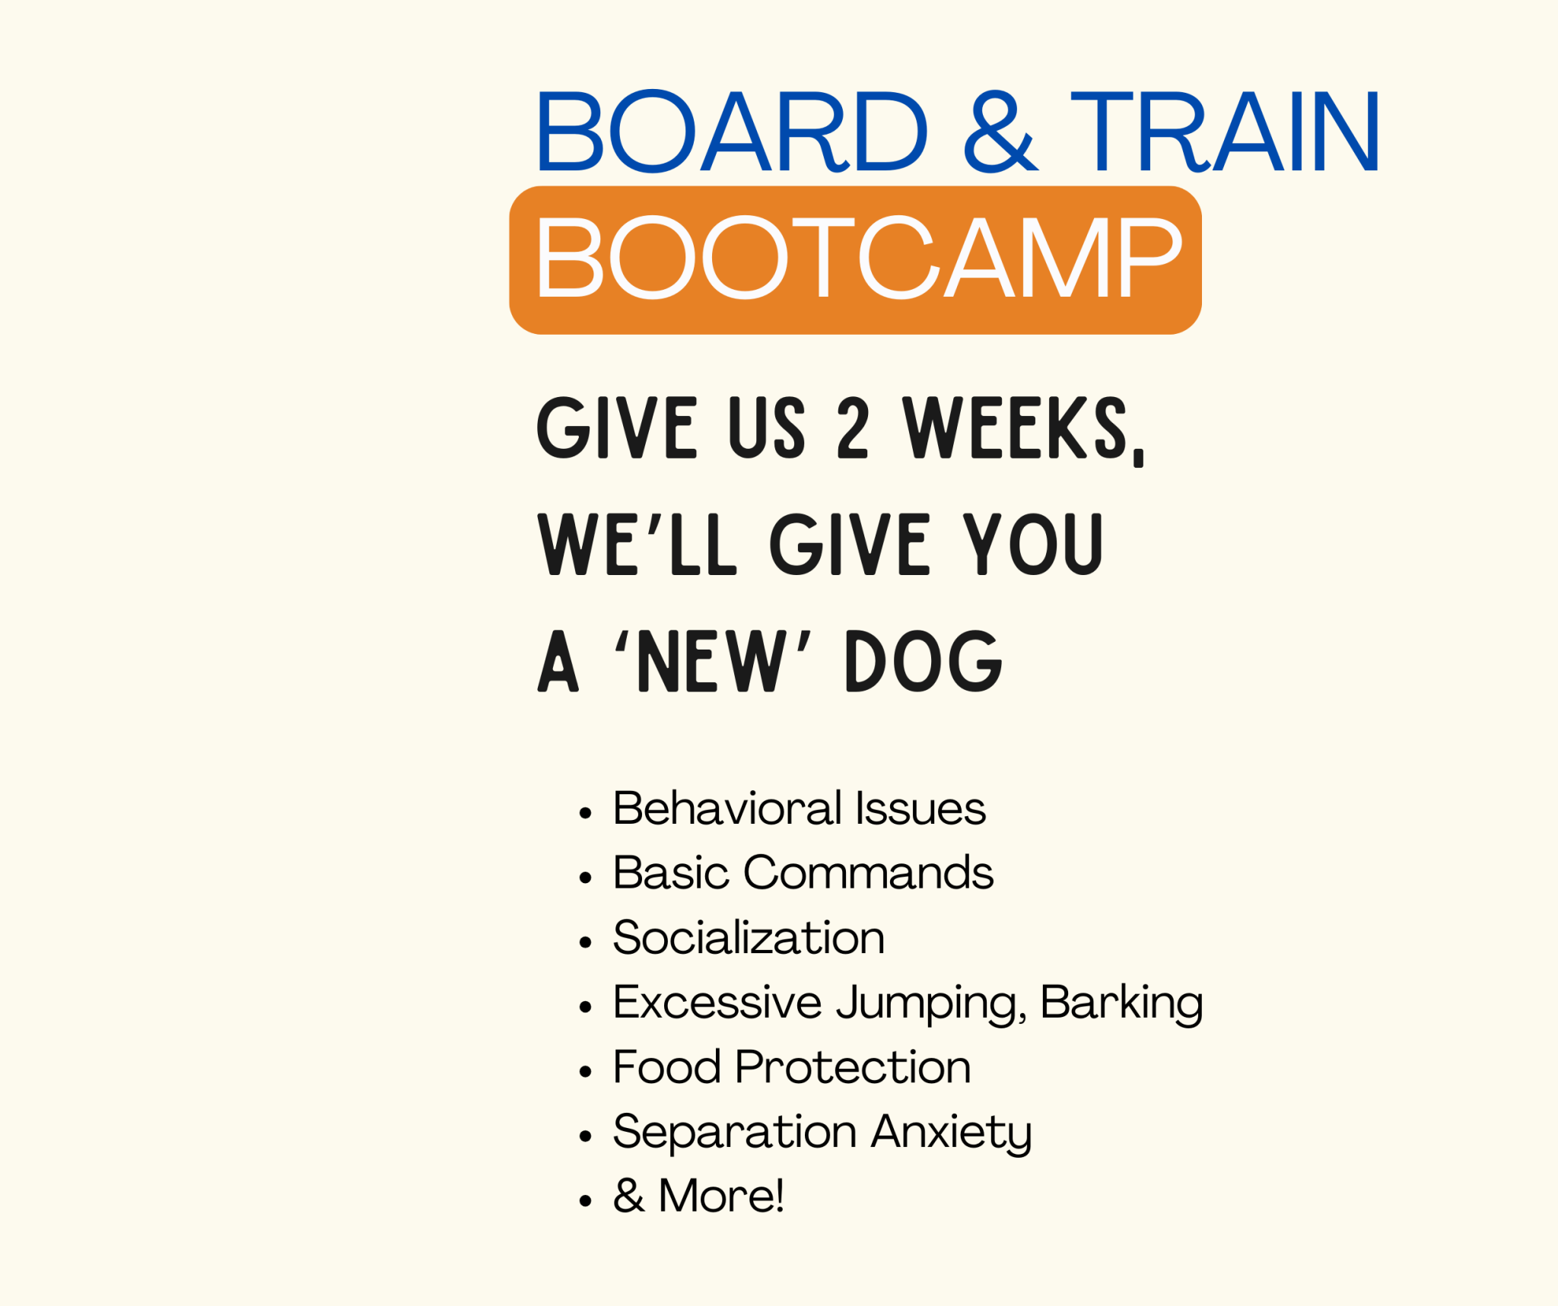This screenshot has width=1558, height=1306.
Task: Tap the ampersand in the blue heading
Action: pos(1000,132)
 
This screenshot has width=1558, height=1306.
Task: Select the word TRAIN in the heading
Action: pos(1225,132)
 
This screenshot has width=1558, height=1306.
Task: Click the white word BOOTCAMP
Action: pos(858,257)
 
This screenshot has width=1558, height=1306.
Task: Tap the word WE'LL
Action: pos(638,545)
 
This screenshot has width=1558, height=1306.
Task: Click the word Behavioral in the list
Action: pos(727,808)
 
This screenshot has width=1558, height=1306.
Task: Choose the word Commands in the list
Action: pos(868,872)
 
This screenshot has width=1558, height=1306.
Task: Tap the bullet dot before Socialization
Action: pos(585,942)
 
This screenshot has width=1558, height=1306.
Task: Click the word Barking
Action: pos(1121,1003)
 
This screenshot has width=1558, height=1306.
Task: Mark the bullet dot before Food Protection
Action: pos(585,1072)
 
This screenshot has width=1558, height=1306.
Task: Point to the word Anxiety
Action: pos(951,1133)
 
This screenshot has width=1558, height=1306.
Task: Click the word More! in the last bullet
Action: pos(720,1196)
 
